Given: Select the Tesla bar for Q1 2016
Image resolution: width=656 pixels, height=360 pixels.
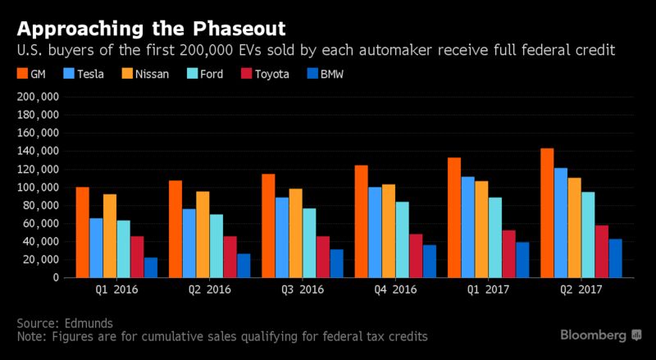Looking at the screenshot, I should pos(96,248).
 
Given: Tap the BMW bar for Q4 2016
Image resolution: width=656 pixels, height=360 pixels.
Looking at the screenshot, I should pos(430,262).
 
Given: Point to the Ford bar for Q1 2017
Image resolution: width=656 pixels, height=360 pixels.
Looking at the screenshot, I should pos(494,238).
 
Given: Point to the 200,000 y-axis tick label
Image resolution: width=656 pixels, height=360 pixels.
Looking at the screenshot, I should pos(38,97).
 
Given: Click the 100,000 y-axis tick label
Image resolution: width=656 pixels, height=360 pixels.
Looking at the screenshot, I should pos(38,188).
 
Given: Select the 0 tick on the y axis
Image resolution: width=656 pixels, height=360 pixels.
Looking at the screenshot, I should pos(56,278).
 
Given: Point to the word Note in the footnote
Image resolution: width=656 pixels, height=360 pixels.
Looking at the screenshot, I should pos(30,336).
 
